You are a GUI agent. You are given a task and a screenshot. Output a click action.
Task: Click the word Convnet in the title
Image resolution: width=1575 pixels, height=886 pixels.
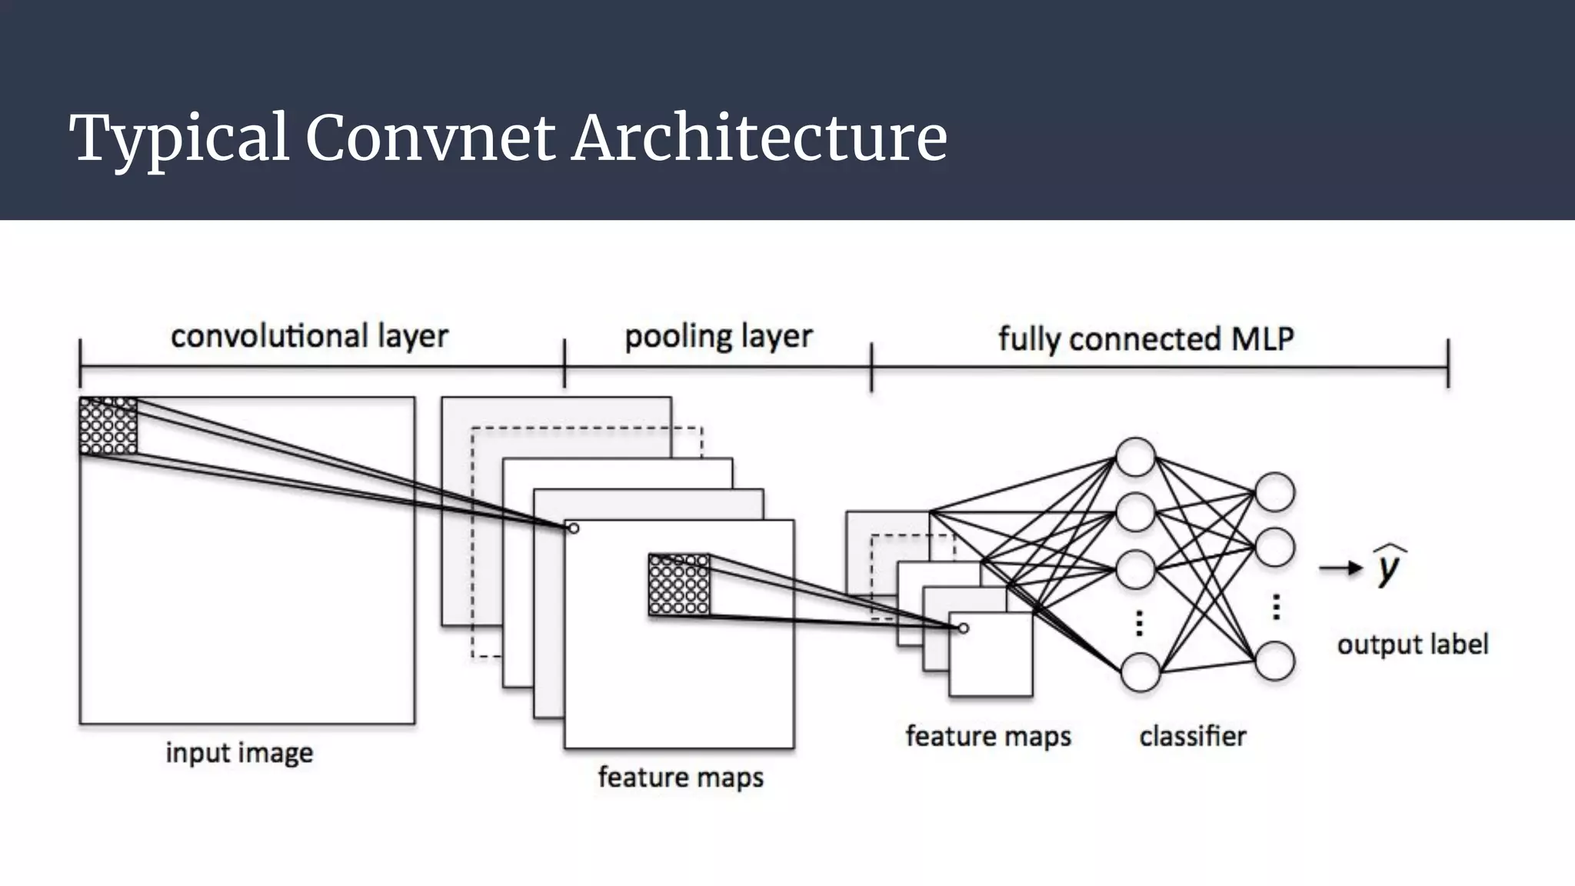(x=429, y=138)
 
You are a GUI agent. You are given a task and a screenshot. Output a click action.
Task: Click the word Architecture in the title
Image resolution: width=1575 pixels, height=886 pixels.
(x=759, y=138)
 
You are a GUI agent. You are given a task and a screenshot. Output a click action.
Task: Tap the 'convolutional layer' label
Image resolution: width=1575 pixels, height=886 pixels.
(x=309, y=337)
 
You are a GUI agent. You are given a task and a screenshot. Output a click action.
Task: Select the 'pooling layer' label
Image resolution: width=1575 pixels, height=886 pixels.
(x=718, y=337)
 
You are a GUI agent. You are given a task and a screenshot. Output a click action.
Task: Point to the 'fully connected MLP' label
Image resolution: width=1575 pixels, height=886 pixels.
(x=1146, y=339)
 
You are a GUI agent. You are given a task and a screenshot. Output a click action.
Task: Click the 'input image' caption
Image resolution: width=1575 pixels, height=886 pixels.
(x=239, y=752)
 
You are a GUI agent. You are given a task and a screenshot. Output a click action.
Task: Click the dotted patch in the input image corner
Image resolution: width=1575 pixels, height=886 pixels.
(x=108, y=426)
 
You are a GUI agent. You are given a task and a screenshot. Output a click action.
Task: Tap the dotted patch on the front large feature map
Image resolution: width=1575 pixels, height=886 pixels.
(x=678, y=585)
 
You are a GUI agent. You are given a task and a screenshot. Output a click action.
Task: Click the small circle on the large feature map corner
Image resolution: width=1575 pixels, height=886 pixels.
(x=574, y=528)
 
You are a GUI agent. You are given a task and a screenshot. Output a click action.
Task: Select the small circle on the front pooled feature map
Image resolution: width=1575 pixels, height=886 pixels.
(x=964, y=628)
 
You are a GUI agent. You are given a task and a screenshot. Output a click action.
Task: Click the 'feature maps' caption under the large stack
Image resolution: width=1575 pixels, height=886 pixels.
(x=681, y=777)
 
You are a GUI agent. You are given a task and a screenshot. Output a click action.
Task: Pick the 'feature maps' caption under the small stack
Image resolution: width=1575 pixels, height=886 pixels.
(x=988, y=736)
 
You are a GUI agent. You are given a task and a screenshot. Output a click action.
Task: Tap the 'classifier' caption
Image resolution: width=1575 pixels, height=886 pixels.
(x=1192, y=736)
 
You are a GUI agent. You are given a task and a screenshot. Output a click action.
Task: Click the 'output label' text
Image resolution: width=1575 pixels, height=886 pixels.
(x=1413, y=644)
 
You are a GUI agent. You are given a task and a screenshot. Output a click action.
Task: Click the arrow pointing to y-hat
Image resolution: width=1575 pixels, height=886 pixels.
(x=1340, y=569)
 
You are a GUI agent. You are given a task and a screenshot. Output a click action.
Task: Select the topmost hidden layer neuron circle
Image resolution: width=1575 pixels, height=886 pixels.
(x=1136, y=458)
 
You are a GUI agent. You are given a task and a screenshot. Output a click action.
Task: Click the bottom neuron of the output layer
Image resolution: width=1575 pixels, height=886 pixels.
(x=1274, y=661)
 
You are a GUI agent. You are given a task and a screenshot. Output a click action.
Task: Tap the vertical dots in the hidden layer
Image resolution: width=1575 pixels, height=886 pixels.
(x=1139, y=623)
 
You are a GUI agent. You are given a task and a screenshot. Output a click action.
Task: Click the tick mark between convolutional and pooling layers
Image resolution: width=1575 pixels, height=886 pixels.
(x=564, y=363)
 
